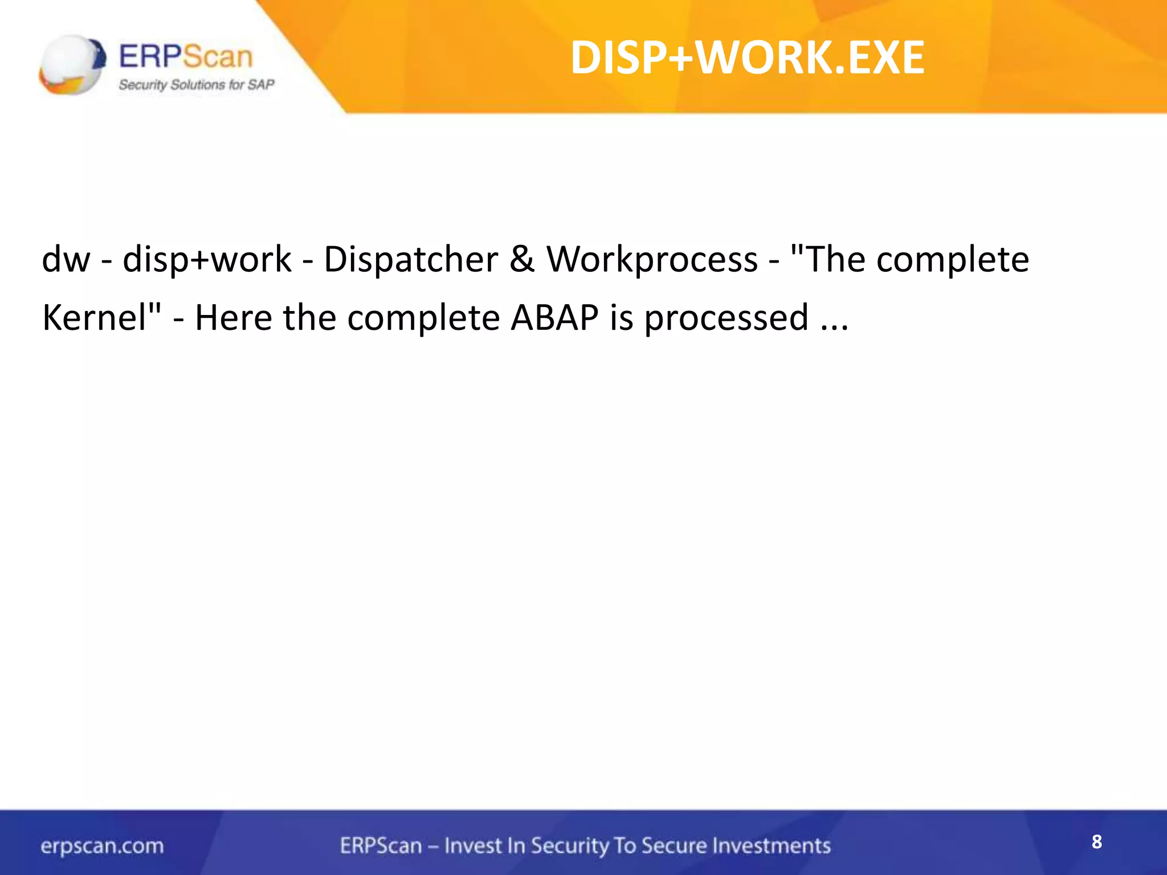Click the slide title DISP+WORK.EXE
(747, 58)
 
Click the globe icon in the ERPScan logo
(72, 64)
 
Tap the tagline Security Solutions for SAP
(196, 85)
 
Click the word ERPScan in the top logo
(186, 57)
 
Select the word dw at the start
(66, 260)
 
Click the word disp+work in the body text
(207, 260)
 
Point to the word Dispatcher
(411, 260)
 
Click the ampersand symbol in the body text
(522, 260)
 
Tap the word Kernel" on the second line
(101, 317)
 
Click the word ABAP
(554, 317)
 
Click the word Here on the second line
(233, 317)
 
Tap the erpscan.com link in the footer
(102, 846)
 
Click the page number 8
(1096, 842)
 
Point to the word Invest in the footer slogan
(472, 845)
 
